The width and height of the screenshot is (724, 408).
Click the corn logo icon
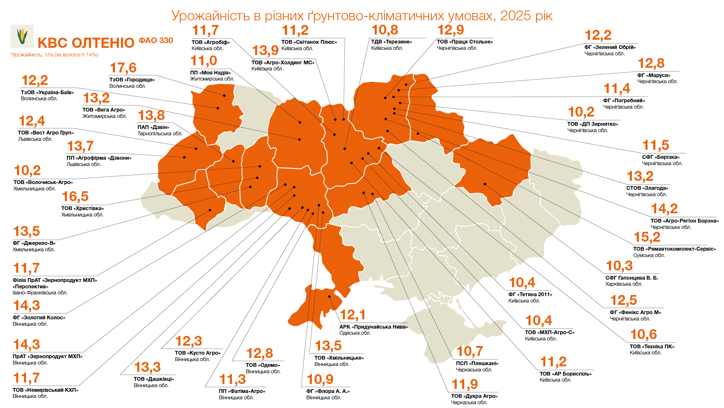coord(22,36)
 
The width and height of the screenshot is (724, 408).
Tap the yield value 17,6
coord(123,68)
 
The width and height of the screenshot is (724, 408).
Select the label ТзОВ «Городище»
coord(132,80)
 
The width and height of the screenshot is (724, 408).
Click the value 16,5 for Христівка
coord(75,197)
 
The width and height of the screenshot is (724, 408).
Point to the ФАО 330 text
coord(156,41)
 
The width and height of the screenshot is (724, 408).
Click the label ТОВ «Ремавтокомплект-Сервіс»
coord(674,249)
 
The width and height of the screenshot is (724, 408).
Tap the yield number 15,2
coord(647,237)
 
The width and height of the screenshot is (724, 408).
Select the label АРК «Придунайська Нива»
coord(374,327)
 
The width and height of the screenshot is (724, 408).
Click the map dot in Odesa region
coord(329,296)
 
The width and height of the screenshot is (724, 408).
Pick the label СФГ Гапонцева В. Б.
coord(632,278)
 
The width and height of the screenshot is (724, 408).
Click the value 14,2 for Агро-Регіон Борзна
coord(664,209)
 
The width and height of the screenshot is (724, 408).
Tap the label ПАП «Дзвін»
coord(153,127)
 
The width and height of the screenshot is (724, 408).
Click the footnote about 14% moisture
coord(54,55)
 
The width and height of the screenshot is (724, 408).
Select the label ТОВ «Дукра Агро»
coord(474,396)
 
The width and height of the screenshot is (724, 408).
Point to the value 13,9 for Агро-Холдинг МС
coord(265,51)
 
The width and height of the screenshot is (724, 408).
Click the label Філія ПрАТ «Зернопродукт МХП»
coord(55,280)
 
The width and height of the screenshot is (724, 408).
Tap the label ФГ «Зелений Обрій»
coord(610,47)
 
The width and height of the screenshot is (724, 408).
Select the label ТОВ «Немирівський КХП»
coord(45,390)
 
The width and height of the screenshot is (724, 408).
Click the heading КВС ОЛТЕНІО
coord(86,43)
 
